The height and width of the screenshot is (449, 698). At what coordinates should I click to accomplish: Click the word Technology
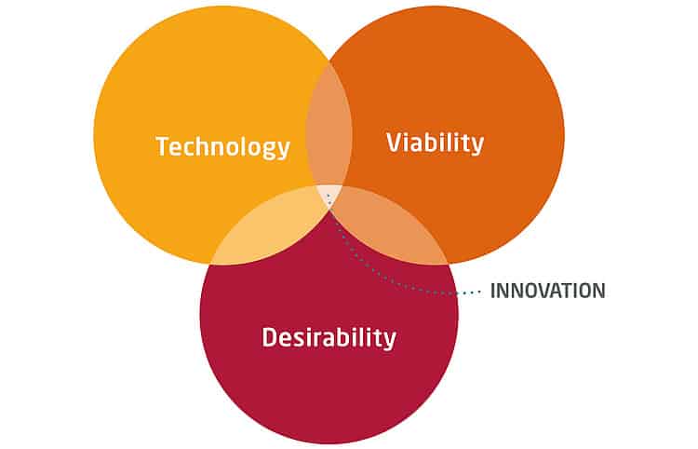(x=222, y=147)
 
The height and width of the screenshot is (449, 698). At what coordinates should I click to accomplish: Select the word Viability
(x=435, y=143)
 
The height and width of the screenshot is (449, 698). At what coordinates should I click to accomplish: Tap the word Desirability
(x=329, y=337)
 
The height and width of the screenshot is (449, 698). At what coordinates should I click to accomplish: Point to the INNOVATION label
(x=547, y=291)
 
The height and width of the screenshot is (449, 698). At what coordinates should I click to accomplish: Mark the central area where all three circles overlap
(x=329, y=196)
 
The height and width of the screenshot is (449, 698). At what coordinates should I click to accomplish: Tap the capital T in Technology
(x=163, y=147)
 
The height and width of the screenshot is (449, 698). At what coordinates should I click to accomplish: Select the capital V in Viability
(x=394, y=143)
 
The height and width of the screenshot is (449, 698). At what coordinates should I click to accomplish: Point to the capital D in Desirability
(x=269, y=337)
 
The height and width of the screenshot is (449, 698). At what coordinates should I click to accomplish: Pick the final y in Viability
(x=477, y=145)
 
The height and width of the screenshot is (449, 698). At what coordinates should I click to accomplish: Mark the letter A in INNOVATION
(x=558, y=291)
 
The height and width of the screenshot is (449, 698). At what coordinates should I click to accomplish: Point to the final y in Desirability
(x=390, y=340)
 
